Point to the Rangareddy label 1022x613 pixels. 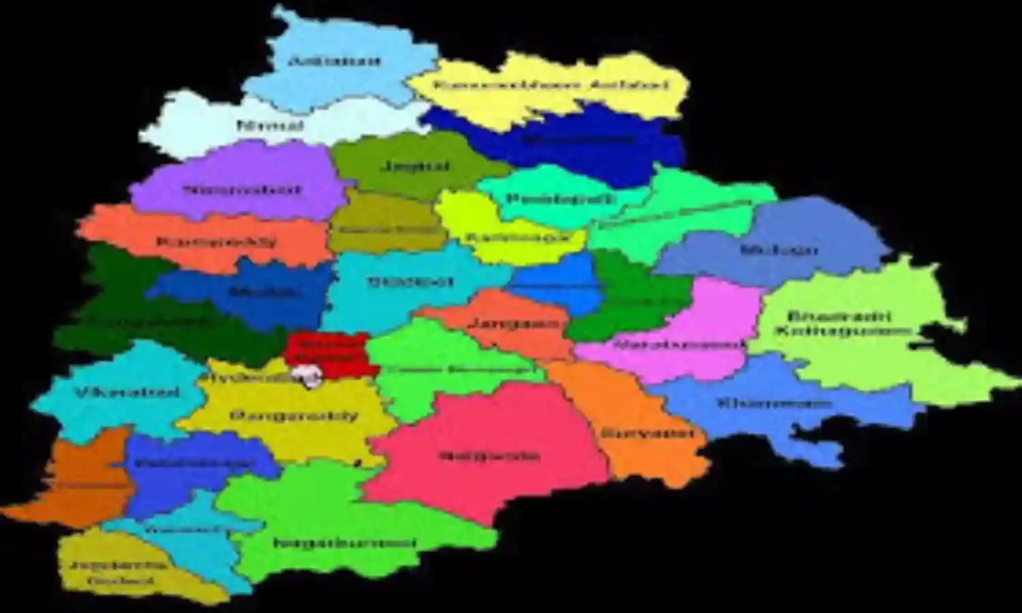pyautogui.click(x=294, y=415)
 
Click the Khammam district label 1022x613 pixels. pyautogui.click(x=774, y=403)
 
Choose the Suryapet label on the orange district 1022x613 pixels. pyautogui.click(x=648, y=433)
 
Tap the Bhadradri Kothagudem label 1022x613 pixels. pyautogui.click(x=842, y=324)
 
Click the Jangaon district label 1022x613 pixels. pyautogui.click(x=517, y=324)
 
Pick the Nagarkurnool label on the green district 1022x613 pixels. pyautogui.click(x=345, y=543)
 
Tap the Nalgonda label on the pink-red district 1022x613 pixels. pyautogui.click(x=489, y=456)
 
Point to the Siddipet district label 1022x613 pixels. pyautogui.click(x=410, y=281)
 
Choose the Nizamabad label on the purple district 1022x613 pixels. pyautogui.click(x=242, y=190)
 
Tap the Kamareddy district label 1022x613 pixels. pyautogui.click(x=217, y=242)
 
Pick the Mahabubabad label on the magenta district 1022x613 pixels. pyautogui.click(x=679, y=345)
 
